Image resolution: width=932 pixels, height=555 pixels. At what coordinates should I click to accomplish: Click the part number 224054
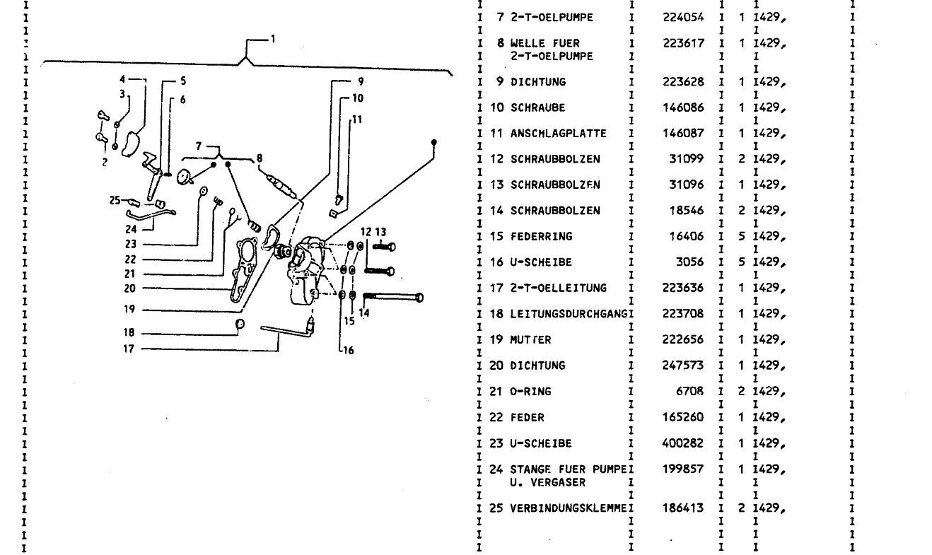684,17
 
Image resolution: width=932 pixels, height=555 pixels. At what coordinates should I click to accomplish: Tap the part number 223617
684,43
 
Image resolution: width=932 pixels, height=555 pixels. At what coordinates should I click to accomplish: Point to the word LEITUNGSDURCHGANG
569,313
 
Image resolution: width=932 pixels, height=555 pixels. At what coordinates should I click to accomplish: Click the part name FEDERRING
541,236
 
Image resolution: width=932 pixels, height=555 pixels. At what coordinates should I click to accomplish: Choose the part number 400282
684,443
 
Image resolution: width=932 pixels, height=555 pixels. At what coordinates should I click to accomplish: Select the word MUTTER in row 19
530,339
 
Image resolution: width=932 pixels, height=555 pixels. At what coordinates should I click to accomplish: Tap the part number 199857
684,469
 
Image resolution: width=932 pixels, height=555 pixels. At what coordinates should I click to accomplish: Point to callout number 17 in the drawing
128,349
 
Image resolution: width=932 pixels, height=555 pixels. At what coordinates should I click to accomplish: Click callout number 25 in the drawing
115,200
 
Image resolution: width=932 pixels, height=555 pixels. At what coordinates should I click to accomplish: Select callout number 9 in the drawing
359,81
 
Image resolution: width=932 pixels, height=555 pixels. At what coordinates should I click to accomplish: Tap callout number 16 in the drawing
349,350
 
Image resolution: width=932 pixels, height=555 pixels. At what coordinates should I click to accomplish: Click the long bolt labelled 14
392,298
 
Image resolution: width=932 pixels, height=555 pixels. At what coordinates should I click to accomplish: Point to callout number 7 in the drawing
199,146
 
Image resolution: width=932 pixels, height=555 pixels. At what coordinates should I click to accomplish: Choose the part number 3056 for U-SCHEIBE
691,262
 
